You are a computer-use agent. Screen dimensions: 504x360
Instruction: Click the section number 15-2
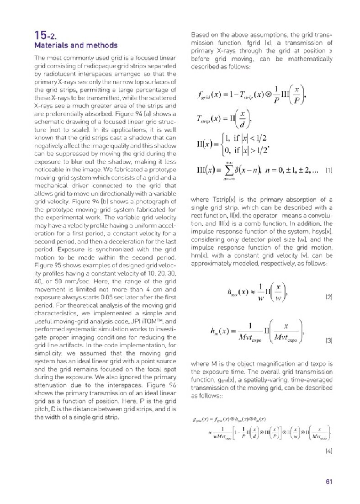[46, 36]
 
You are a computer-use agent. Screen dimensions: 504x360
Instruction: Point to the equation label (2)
[328, 297]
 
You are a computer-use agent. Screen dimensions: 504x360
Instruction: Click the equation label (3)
[328, 340]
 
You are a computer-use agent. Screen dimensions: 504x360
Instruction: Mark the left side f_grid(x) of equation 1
[208, 97]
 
